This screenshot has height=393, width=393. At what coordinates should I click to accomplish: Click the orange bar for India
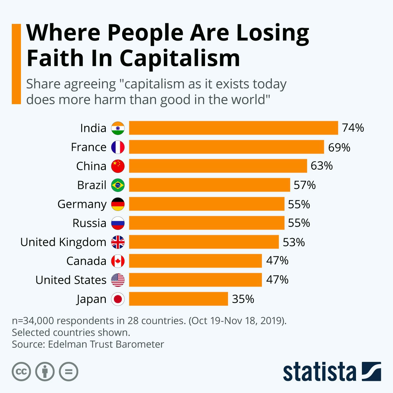pyautogui.click(x=233, y=128)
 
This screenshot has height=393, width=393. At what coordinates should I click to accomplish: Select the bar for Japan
pyautogui.click(x=178, y=299)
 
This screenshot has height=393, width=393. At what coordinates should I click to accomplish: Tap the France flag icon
pyautogui.click(x=118, y=147)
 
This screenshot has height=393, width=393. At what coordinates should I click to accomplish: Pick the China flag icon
pyautogui.click(x=118, y=166)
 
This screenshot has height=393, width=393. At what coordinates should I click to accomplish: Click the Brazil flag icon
pyautogui.click(x=118, y=185)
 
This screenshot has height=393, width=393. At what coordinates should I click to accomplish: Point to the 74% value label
pyautogui.click(x=353, y=128)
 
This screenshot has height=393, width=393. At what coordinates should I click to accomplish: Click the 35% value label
pyautogui.click(x=243, y=299)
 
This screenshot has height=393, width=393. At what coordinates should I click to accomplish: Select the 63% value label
pyautogui.click(x=321, y=166)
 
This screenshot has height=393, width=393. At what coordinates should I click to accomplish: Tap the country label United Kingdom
pyautogui.click(x=63, y=242)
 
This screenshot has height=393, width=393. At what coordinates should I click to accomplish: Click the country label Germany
pyautogui.click(x=82, y=204)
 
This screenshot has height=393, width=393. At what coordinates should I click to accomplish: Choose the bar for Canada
pyautogui.click(x=196, y=261)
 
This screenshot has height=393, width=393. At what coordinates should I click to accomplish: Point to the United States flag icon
pyautogui.click(x=118, y=280)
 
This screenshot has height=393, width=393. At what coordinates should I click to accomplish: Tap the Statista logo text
pyautogui.click(x=319, y=372)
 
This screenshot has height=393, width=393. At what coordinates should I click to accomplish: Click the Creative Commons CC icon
pyautogui.click(x=21, y=372)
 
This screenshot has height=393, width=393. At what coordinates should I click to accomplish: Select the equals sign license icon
pyautogui.click(x=68, y=372)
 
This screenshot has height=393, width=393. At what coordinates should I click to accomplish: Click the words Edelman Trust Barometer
pyautogui.click(x=106, y=344)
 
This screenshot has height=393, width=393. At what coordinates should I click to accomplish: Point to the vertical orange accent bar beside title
pyautogui.click(x=16, y=64)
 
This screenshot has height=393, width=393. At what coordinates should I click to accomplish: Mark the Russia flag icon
pyautogui.click(x=118, y=223)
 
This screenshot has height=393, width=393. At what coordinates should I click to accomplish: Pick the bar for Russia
pyautogui.click(x=207, y=223)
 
